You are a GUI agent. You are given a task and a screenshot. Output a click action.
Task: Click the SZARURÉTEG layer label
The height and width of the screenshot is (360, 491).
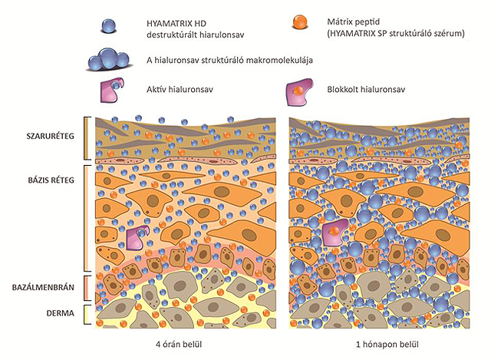tap(51, 136)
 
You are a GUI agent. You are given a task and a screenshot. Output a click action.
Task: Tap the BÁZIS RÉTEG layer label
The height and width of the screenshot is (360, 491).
tap(51, 180)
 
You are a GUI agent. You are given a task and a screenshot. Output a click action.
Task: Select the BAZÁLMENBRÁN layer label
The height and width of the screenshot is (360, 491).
tap(43, 287)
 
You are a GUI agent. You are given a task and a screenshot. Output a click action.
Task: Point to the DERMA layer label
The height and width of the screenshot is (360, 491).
tap(61, 313)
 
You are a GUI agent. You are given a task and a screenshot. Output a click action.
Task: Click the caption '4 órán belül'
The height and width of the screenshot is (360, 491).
tap(179, 345)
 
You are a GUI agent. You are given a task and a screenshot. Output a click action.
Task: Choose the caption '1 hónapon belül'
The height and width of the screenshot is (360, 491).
tap(387, 345)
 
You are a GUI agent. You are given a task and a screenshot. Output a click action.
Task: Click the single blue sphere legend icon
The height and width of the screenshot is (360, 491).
tap(109, 26)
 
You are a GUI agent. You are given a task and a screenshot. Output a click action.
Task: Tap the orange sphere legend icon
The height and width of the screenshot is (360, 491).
tap(299, 22)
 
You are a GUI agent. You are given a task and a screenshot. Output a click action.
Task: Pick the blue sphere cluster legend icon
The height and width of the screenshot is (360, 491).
tap(109, 60)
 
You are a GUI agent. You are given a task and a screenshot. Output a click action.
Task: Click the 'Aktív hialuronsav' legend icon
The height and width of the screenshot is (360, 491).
tap(111, 90)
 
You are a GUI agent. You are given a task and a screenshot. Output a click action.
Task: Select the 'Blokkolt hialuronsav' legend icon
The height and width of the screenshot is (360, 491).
tap(299, 91)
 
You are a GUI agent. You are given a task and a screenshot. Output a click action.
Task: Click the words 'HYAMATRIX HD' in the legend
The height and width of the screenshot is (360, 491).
tap(176, 24)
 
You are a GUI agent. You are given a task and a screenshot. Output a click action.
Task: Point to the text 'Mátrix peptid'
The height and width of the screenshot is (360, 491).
tap(353, 21)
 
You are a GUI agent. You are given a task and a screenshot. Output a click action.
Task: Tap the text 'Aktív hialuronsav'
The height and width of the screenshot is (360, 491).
tap(180, 89)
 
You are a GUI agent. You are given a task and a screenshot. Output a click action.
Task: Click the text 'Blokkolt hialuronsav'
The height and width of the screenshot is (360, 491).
tap(366, 89)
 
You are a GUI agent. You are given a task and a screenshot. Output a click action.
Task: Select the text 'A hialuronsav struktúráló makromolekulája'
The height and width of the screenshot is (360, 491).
tap(229, 60)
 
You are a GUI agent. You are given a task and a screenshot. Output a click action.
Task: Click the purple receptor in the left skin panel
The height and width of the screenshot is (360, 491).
tap(137, 238)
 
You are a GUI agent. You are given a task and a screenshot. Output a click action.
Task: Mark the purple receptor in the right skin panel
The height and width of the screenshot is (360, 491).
tap(334, 232)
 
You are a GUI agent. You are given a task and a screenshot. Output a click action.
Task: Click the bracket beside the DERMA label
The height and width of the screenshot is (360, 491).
tap(85, 314)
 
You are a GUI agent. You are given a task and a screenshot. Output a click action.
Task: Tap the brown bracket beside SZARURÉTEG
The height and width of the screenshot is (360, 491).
tap(85, 138)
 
